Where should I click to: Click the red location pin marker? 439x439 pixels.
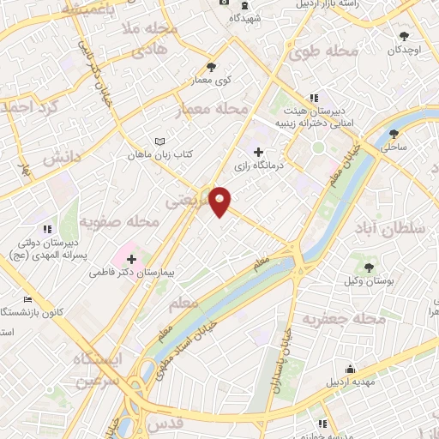tap(221, 200)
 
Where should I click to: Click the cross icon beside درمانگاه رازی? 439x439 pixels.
tap(258, 152)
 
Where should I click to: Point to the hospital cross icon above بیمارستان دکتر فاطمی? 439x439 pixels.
tap(130, 259)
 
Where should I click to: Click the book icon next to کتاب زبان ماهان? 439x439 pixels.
tap(157, 142)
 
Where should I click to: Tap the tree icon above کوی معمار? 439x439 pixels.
tap(212, 66)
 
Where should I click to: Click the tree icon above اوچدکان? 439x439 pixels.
tap(405, 36)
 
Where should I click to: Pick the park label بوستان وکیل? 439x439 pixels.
tap(369, 282)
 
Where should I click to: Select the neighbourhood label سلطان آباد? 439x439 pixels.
tap(389, 228)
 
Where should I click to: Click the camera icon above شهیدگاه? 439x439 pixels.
tap(224, 3)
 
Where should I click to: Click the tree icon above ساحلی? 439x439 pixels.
tap(394, 134)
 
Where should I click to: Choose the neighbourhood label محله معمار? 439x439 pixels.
tap(211, 109)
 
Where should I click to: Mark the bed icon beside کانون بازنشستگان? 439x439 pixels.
tap(28, 300)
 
